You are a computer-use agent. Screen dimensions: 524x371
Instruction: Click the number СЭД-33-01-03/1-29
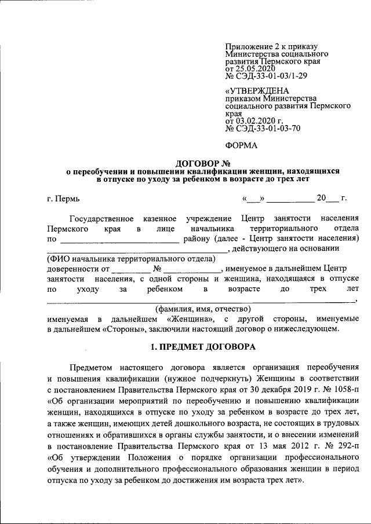271,76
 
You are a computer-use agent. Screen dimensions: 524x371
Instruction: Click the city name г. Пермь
64,199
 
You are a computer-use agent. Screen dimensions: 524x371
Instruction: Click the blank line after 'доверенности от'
130,269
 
